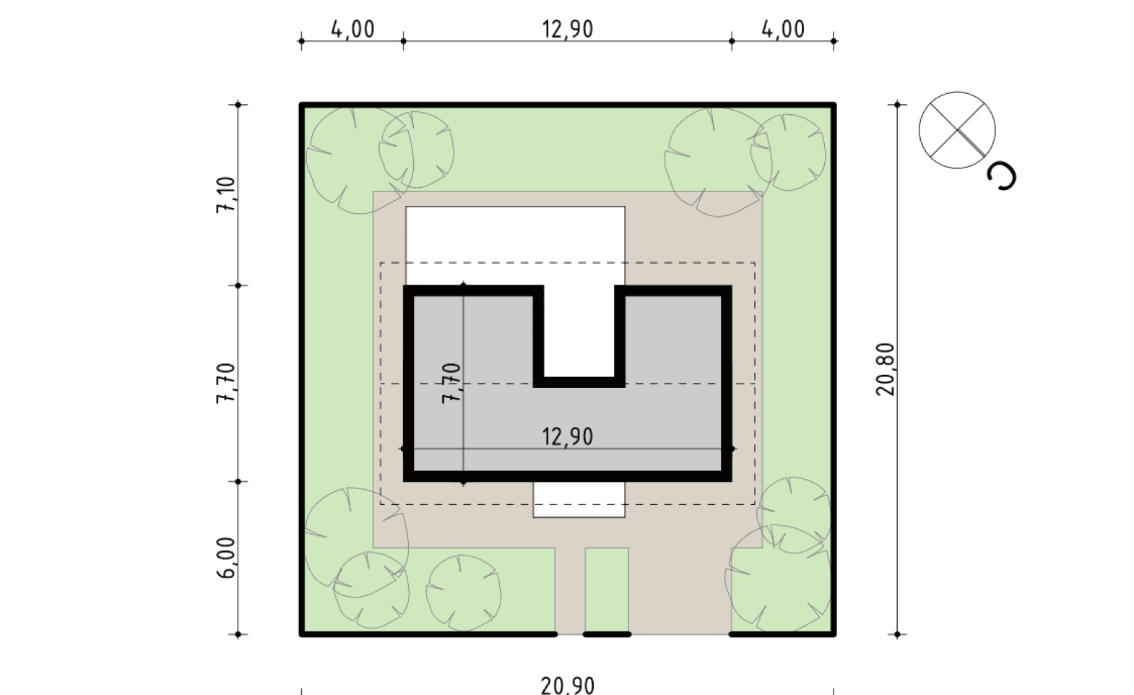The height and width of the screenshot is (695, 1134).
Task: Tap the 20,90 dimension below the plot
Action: click(568, 685)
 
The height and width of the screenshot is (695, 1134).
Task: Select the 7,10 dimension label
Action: click(227, 196)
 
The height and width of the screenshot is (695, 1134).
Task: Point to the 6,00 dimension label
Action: click(227, 558)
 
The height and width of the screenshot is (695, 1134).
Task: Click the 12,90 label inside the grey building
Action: click(568, 436)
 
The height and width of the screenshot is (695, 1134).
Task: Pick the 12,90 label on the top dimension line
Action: click(568, 29)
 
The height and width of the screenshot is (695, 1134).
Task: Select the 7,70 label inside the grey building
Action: click(452, 383)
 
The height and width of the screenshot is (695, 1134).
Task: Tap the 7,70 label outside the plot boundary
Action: click(227, 383)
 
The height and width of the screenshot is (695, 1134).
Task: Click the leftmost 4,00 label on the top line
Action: click(352, 29)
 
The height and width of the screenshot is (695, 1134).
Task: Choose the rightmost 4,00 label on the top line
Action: click(783, 29)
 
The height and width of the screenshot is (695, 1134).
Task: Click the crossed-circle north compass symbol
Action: click(957, 130)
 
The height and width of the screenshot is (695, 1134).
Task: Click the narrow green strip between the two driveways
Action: click(607, 589)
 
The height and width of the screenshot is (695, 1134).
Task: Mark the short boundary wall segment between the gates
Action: click(607, 634)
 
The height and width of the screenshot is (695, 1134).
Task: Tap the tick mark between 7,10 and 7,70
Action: click(238, 286)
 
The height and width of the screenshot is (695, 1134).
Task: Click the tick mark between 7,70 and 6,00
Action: click(238, 481)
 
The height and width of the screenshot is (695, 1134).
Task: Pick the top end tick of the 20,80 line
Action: click(897, 105)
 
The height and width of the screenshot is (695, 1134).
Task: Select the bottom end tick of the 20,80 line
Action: click(897, 634)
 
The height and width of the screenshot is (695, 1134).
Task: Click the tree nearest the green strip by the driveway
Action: click(463, 592)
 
